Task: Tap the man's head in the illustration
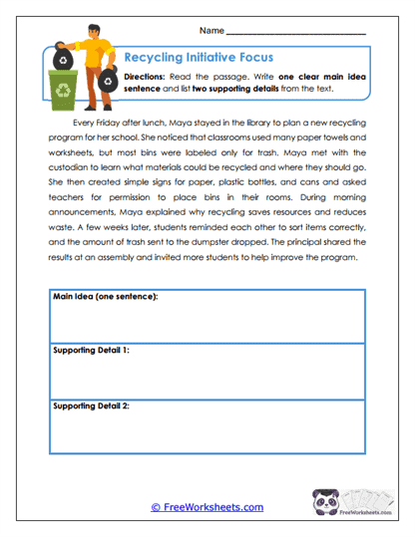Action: [x=83, y=32]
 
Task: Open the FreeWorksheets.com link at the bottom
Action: [x=207, y=507]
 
